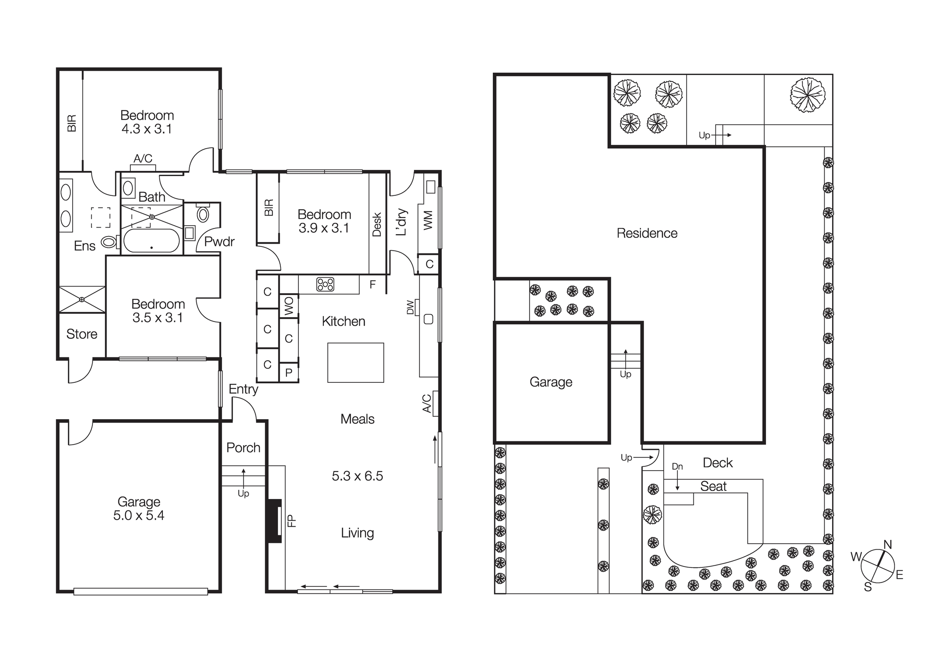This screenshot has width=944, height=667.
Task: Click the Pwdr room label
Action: (x=219, y=242)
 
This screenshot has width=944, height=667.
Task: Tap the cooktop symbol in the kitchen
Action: (x=325, y=284)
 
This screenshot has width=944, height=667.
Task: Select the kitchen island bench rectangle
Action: (x=355, y=363)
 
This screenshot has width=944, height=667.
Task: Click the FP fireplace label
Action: (x=292, y=520)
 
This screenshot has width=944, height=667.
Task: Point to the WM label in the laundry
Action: (x=428, y=220)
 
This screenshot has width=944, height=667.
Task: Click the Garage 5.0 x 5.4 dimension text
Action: (x=139, y=515)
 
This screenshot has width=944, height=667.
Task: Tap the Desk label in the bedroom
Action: (x=377, y=224)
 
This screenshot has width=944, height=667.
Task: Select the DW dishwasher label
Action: (x=410, y=307)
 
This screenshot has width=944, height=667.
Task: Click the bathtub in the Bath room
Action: (x=152, y=241)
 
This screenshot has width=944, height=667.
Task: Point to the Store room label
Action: (x=82, y=334)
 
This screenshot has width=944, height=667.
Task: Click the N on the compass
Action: (x=887, y=545)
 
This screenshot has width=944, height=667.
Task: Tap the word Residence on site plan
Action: (x=647, y=233)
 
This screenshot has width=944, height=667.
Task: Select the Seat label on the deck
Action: (x=713, y=487)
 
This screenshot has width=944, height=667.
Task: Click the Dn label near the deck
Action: (x=677, y=466)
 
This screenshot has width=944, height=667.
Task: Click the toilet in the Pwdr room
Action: (x=203, y=214)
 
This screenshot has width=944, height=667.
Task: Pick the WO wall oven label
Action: (x=289, y=306)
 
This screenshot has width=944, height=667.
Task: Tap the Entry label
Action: (x=243, y=389)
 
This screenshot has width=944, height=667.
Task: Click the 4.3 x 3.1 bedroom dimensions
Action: (x=147, y=129)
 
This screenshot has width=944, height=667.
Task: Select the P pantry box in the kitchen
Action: (x=289, y=372)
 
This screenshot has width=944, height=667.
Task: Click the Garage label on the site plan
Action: (x=551, y=382)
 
